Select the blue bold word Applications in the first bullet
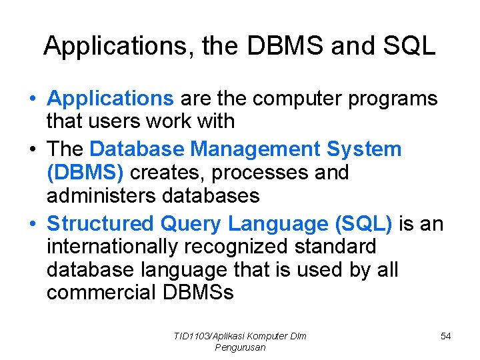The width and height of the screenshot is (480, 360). click(110, 99)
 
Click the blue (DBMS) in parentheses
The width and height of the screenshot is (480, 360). click(85, 172)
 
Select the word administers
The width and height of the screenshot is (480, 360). click(106, 196)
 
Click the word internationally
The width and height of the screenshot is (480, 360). click(113, 246)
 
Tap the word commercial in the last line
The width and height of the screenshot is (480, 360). click(97, 293)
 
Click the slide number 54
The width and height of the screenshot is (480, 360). click(445, 336)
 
